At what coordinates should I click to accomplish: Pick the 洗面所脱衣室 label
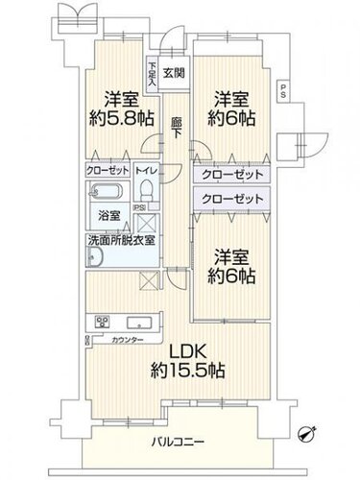[118, 240]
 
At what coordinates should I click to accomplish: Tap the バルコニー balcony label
[180, 443]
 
